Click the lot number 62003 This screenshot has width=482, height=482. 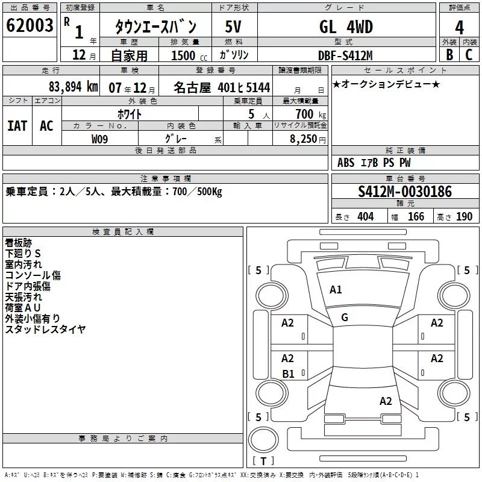coord(30,25)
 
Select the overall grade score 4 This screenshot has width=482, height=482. coord(459,27)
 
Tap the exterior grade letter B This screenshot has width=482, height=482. coord(449,54)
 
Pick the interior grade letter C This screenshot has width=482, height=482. coord(469,54)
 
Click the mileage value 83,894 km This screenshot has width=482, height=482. coord(73,87)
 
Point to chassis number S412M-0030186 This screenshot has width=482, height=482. coord(405,192)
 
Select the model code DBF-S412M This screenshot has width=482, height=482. coord(345,55)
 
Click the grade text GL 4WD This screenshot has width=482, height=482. coord(346,27)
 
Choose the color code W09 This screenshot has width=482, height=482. coord(99,139)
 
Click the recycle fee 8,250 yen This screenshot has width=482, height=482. coord(308,139)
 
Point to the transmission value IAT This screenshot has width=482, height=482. coord(17,126)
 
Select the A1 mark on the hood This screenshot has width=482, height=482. coord(336,290)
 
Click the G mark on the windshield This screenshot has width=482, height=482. coord(345,317)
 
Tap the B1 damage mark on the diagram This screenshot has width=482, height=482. coord(288,374)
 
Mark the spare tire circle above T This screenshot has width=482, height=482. coord(263,439)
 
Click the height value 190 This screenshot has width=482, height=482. coord(464,216)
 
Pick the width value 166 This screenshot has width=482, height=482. coord(416,216)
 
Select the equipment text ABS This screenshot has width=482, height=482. coord(346,163)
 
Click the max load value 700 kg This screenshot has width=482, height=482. coord(310,114)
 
